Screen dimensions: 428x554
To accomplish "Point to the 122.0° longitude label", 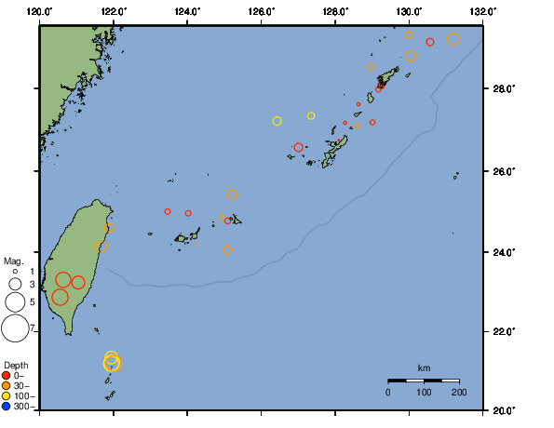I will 114,9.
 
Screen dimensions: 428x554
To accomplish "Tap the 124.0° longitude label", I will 187,9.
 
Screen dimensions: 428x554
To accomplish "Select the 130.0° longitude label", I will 409,9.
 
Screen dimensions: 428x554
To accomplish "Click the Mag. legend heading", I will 13,261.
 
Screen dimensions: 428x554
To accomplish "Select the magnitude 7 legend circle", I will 15,328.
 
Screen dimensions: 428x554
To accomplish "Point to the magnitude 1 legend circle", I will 15,271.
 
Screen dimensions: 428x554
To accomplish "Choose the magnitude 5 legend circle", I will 15,301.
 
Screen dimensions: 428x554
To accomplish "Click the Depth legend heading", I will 15,364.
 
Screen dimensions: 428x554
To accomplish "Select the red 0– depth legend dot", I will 7,375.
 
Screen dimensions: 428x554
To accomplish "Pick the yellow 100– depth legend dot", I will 7,395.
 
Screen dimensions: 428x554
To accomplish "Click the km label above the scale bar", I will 424,368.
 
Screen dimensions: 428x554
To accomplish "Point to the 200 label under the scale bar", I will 458,393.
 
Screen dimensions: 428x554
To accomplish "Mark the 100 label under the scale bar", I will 424,393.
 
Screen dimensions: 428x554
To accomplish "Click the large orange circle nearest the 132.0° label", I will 453,39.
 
